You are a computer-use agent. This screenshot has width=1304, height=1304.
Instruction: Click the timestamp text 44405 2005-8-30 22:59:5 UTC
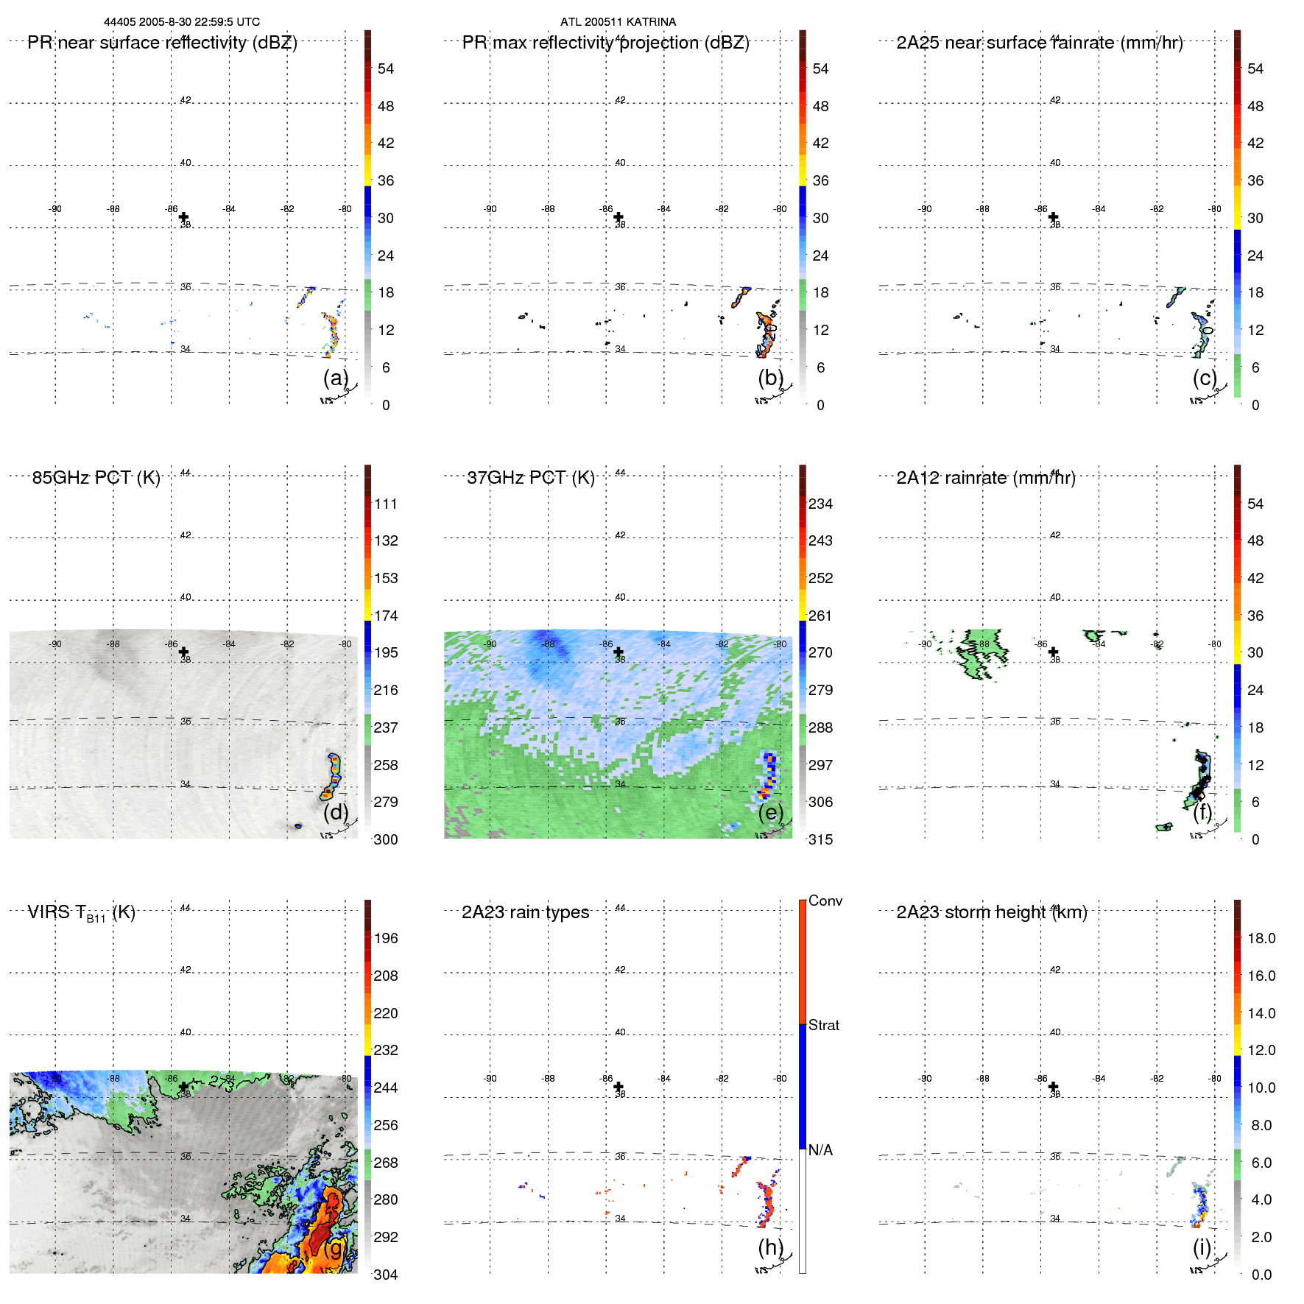181,22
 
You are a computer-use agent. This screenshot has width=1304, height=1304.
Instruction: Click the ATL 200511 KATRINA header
618,22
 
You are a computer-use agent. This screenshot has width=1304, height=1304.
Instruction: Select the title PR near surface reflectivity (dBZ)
162,43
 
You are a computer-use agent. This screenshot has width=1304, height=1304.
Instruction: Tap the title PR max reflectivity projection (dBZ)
605,43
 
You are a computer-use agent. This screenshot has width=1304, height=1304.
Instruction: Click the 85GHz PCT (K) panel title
96,478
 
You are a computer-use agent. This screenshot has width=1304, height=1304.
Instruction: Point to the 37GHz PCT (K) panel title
530,478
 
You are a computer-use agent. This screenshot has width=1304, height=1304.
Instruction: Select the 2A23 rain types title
525,912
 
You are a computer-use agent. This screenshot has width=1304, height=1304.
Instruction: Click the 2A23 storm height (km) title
991,912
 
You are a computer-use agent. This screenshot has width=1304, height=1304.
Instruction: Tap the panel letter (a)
335,378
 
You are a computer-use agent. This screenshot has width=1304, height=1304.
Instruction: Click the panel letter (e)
770,812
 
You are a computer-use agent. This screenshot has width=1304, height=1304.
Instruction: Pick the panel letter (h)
770,1247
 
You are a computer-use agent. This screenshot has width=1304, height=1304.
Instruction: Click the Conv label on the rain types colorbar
825,901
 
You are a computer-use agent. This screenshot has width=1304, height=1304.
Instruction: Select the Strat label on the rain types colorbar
823,1025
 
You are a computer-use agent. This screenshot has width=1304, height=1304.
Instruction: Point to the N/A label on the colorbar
820,1150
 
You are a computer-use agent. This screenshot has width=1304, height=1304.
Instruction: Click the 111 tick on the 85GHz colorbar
386,504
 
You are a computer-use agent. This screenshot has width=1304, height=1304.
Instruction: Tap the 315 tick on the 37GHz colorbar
820,839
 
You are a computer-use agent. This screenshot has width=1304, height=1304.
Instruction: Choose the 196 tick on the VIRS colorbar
386,938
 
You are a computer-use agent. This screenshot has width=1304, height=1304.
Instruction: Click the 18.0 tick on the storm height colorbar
1261,938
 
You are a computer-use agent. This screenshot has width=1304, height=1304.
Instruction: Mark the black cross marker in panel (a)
183,217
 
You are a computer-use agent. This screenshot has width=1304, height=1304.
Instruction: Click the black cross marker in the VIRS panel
183,1087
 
